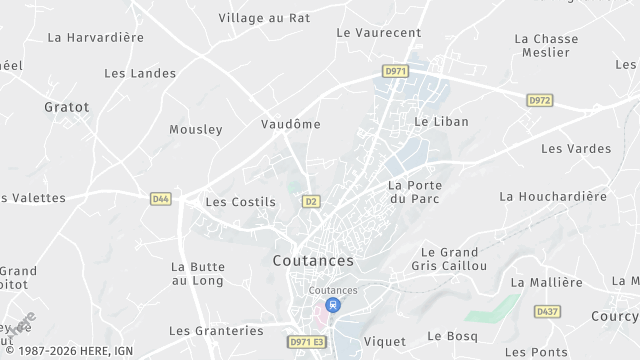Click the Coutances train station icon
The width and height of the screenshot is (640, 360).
click(x=333, y=304)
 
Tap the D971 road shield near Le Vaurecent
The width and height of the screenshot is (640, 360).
click(x=395, y=71)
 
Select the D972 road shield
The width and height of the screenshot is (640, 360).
click(x=540, y=100)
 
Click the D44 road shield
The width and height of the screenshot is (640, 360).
click(x=161, y=199)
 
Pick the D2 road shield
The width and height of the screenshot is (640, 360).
click(x=311, y=201)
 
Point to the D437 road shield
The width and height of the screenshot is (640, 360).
click(x=547, y=312)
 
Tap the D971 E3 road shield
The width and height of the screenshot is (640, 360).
click(x=306, y=342)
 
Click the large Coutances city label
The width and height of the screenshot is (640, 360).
click(x=313, y=260)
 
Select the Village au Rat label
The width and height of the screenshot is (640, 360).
click(x=265, y=18)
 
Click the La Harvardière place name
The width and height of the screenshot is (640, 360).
click(x=96, y=37)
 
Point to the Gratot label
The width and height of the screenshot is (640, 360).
click(x=67, y=106)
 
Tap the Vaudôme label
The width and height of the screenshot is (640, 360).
click(x=290, y=124)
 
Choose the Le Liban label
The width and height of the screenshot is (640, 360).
click(x=441, y=121)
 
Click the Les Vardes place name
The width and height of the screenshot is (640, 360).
click(x=576, y=148)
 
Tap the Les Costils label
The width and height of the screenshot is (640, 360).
click(x=240, y=201)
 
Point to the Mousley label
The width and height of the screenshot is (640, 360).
click(x=196, y=129)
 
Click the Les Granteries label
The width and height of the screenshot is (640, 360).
click(x=216, y=330)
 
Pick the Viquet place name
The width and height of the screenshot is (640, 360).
click(x=385, y=341)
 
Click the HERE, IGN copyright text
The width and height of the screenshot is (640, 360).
click(x=73, y=352)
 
